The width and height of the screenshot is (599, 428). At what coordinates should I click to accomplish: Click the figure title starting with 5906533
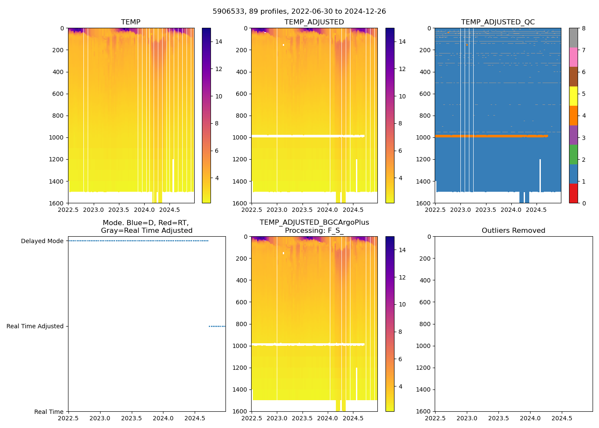[x=299, y=12]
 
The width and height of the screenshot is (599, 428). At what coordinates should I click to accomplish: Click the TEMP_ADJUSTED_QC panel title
[x=498, y=22]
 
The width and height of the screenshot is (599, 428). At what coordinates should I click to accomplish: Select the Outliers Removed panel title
[x=513, y=231]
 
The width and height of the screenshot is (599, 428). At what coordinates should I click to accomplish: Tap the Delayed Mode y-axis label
[x=42, y=241]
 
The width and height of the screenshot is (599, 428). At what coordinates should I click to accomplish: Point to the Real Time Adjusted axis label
[x=35, y=327]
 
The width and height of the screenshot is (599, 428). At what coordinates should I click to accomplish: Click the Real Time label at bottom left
[x=49, y=412]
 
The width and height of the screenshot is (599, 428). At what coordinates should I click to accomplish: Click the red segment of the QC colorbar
[x=573, y=193]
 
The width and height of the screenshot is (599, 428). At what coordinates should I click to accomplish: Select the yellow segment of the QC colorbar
[x=573, y=96]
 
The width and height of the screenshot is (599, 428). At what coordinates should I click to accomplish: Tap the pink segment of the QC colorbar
[x=573, y=57]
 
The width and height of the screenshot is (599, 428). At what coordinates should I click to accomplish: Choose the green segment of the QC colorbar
[x=573, y=155]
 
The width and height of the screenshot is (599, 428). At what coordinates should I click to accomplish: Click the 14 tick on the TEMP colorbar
[x=219, y=42]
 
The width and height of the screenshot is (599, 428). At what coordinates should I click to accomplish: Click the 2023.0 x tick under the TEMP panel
[x=93, y=210]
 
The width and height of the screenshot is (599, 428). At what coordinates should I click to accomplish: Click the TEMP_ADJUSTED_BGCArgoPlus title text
[x=314, y=223]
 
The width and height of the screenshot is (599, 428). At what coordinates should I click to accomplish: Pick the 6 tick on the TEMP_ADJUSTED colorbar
[x=400, y=151]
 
